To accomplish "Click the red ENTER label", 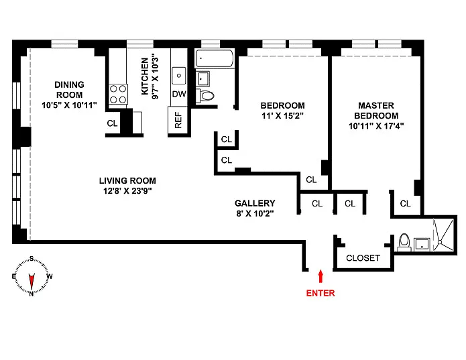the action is click(x=321, y=293).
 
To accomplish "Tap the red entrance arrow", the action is click(x=321, y=276).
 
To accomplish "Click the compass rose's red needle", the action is click(x=32, y=282).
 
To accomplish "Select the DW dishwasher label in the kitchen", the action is click(x=179, y=94).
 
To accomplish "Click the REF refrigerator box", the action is click(x=178, y=120).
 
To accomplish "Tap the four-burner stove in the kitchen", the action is click(x=118, y=94).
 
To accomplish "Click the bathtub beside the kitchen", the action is click(x=215, y=58).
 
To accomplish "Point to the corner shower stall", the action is click(x=443, y=235).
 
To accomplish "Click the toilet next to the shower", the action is click(x=404, y=242).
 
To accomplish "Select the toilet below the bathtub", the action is click(x=205, y=96).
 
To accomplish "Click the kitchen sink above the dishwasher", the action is click(x=179, y=76).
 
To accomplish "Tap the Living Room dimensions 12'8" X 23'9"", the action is click(x=127, y=190).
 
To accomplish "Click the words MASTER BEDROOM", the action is click(x=376, y=111).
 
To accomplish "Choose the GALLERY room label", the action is click(x=255, y=203).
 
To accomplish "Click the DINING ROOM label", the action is click(x=69, y=90).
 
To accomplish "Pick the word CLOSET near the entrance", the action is click(x=363, y=258).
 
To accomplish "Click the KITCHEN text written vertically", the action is click(x=145, y=76).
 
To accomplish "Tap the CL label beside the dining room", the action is click(x=112, y=123).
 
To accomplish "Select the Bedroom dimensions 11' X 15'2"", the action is click(x=282, y=115).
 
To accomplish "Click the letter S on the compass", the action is click(x=32, y=259).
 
